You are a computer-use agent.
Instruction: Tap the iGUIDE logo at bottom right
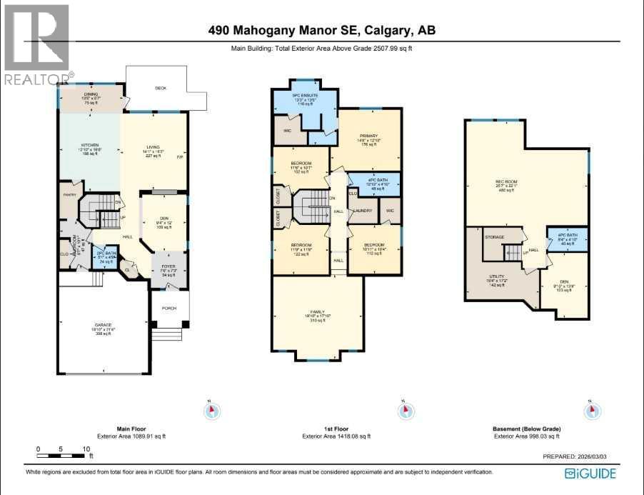click(590, 473)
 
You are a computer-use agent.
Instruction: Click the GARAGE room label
click(104, 325)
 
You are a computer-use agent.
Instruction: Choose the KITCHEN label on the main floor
click(89, 144)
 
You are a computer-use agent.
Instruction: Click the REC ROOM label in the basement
click(505, 181)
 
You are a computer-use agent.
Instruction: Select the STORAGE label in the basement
click(495, 237)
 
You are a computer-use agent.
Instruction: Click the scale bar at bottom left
click(62, 454)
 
